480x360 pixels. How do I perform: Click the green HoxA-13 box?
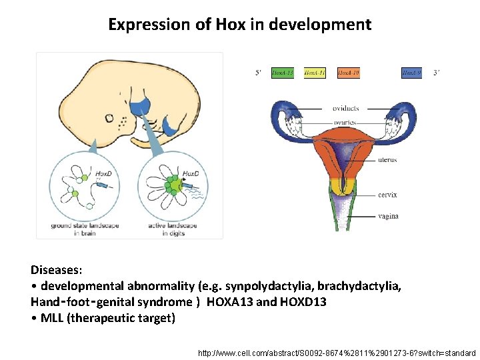[x=282, y=72]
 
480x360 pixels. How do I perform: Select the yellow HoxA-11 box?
[x=315, y=72]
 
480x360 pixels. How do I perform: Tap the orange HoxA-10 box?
[x=348, y=72]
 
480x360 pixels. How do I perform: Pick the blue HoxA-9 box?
[x=411, y=72]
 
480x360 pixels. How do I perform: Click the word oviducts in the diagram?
[x=345, y=108]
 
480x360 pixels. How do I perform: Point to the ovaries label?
[x=345, y=123]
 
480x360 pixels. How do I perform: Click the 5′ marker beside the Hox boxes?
[x=258, y=73]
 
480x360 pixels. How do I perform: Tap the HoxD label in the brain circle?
[x=104, y=172]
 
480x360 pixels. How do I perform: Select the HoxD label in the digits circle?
[x=191, y=173]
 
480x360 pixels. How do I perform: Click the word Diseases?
[x=57, y=271]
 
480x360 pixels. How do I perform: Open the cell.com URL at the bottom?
[x=337, y=352]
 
